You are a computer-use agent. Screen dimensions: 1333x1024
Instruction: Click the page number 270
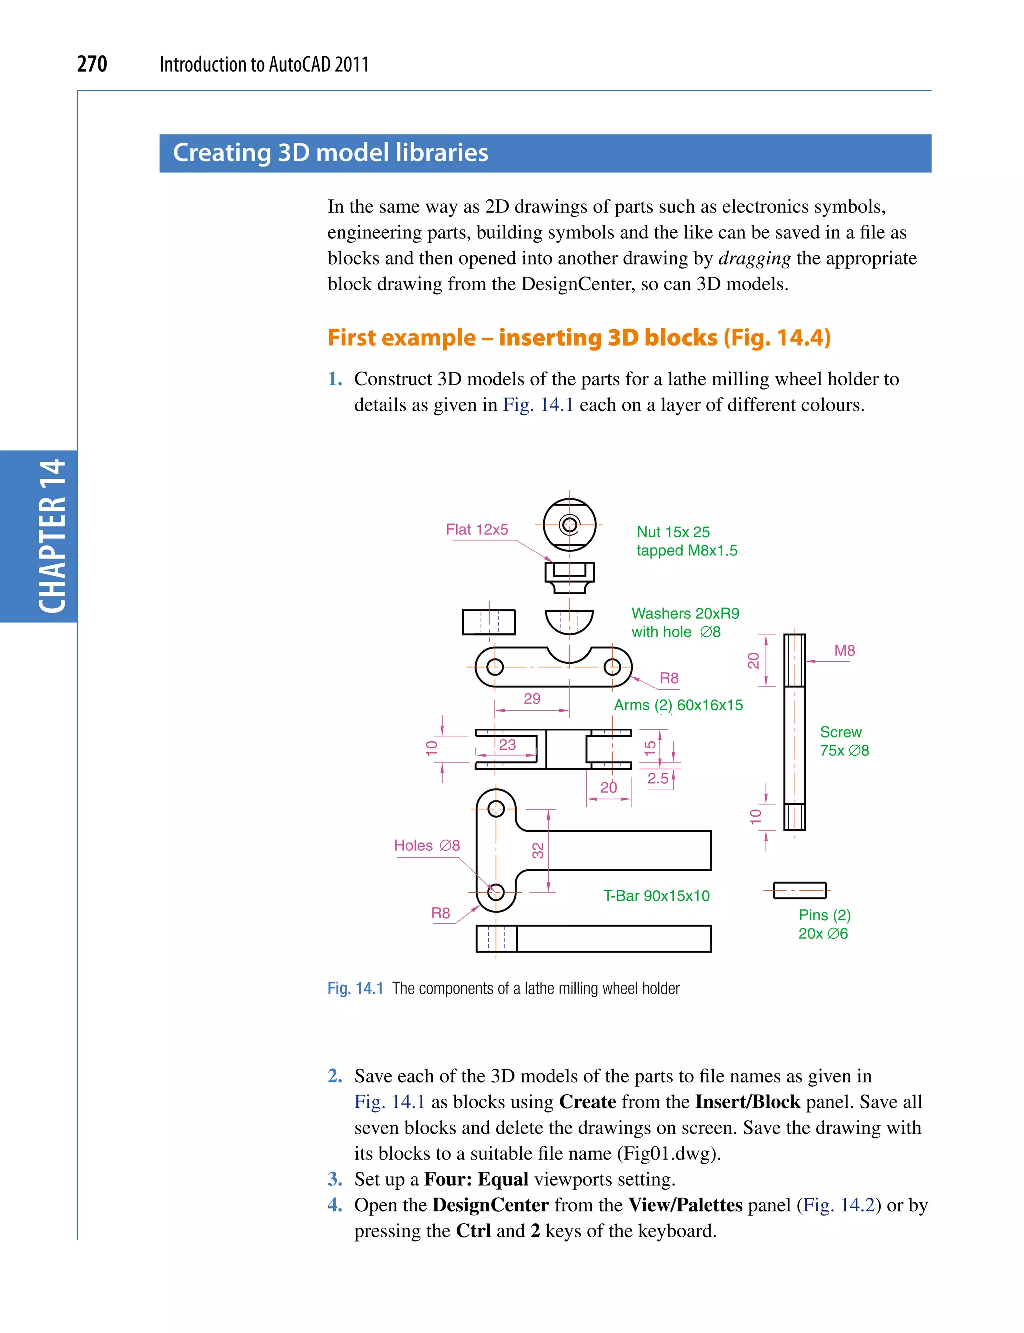(92, 64)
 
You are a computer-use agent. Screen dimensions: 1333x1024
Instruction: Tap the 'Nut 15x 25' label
(673, 532)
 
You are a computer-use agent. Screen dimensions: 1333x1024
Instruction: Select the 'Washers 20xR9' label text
(685, 613)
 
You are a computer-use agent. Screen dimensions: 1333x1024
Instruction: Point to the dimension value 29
(532, 699)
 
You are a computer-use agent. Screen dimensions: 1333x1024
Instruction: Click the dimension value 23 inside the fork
(507, 745)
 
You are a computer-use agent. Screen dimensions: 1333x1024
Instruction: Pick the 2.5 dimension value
(657, 778)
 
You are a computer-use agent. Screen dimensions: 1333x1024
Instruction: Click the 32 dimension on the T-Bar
(538, 850)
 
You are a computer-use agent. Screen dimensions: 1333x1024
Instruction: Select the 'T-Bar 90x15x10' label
(656, 896)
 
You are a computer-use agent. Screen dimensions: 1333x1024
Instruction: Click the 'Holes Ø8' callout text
(426, 845)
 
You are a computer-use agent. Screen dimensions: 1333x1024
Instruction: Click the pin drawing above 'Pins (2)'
(799, 890)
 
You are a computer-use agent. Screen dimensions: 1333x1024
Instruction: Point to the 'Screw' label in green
(840, 732)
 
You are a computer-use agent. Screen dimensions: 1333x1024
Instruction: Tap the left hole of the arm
(495, 667)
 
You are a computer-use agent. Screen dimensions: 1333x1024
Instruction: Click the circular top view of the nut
(570, 524)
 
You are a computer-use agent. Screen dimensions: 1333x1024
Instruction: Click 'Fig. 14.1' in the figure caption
(355, 988)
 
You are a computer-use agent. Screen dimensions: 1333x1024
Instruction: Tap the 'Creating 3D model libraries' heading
(330, 153)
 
